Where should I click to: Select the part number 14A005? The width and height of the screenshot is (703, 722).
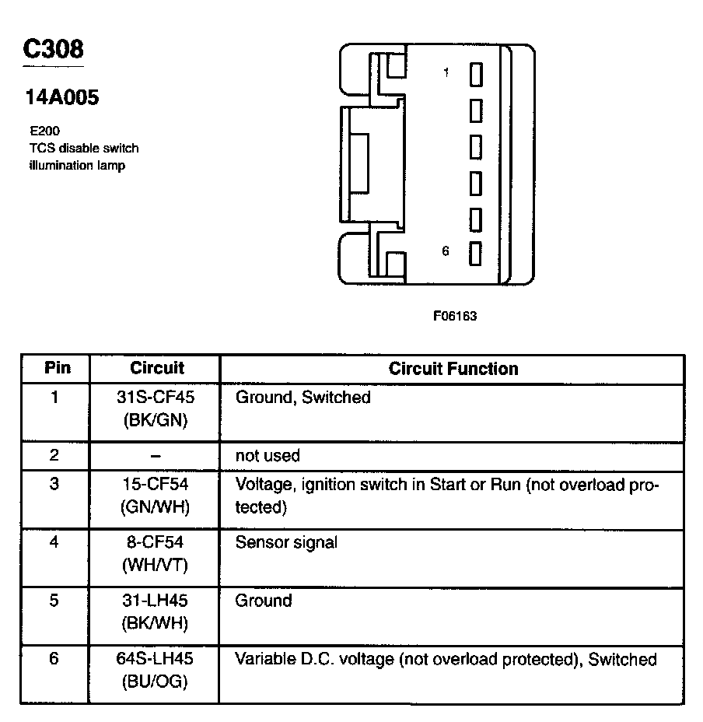point(62,98)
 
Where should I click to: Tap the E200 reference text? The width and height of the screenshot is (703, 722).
point(44,131)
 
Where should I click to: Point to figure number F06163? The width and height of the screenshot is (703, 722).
point(455,317)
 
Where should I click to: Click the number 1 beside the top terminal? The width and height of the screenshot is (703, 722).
point(446,72)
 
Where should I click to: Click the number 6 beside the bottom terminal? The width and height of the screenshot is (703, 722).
point(446,251)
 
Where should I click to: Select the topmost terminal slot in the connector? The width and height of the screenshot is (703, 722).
point(476,74)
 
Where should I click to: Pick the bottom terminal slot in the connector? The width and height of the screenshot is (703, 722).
point(476,254)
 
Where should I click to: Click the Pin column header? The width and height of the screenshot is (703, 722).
point(57,368)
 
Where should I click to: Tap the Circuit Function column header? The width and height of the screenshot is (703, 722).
point(453,368)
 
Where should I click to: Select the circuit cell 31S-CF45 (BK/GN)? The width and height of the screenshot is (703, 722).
point(155,408)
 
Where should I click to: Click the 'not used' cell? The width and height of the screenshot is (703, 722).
point(268,456)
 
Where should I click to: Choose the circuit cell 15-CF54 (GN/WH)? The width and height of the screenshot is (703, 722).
point(155,495)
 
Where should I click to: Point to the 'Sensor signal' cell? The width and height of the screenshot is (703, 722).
point(286,542)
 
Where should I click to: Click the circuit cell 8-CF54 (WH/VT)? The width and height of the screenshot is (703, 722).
point(155,553)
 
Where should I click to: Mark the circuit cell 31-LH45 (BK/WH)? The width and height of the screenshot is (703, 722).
point(155,612)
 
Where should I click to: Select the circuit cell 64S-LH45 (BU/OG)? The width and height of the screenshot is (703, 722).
point(155,670)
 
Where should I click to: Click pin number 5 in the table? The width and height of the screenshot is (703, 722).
point(54,601)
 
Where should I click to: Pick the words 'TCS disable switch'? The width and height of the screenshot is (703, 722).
point(83,148)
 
